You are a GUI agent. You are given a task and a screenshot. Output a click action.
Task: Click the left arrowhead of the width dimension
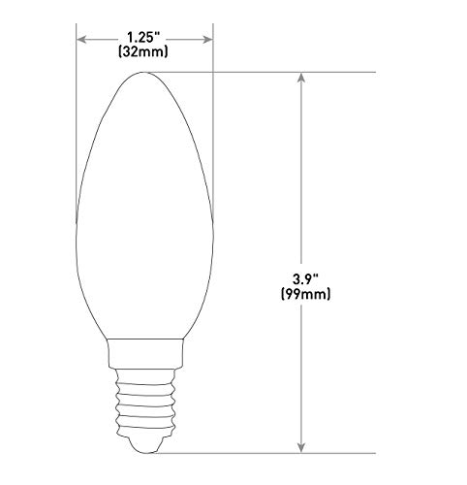(82, 40)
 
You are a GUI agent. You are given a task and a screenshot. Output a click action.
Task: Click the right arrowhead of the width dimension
(206, 40)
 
